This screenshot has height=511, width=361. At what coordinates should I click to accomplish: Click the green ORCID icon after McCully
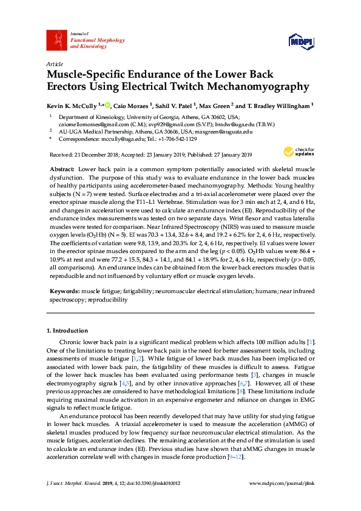coord(107,105)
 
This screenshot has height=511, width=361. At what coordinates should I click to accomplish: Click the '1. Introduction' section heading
coord(67,330)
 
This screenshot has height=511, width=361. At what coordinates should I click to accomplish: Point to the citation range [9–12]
coord(234,455)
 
